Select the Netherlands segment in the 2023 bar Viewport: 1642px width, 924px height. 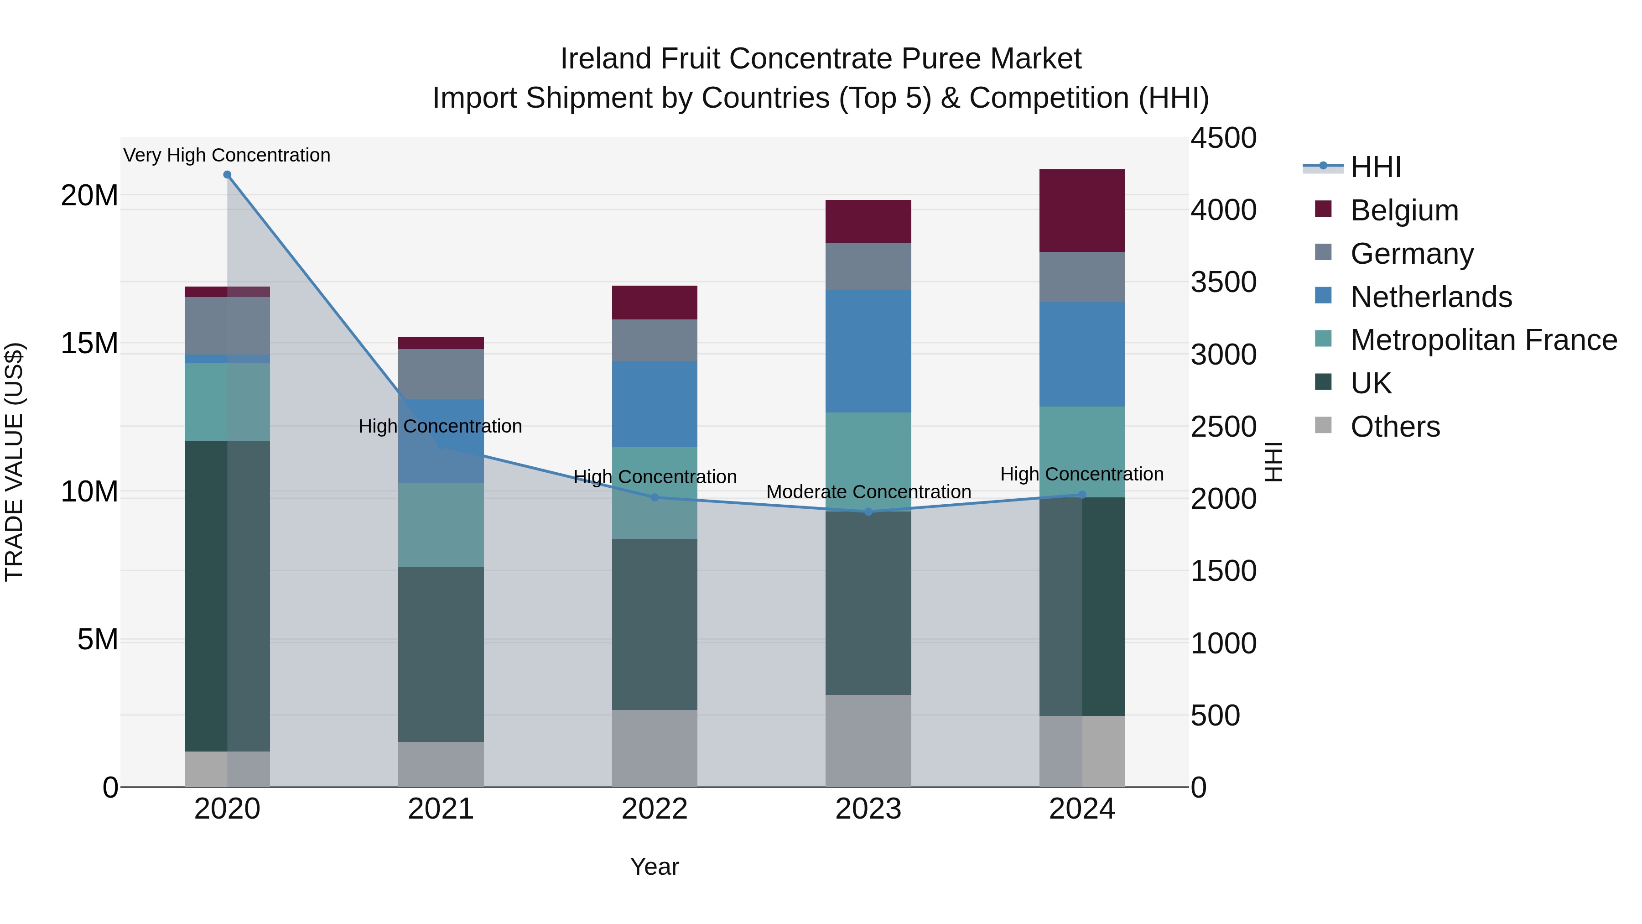point(868,351)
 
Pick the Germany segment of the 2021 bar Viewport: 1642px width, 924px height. point(441,374)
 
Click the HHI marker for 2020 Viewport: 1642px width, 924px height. point(228,175)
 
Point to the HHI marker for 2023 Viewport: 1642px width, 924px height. point(868,512)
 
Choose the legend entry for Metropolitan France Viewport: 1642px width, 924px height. point(1483,340)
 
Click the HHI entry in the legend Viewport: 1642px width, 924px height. point(1376,167)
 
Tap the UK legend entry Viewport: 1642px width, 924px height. point(1371,383)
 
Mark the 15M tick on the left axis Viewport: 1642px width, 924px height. point(89,343)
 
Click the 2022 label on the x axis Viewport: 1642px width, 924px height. point(655,809)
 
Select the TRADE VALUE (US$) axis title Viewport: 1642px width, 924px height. point(14,462)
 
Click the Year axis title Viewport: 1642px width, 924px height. point(655,867)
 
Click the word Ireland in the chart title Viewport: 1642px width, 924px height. point(606,59)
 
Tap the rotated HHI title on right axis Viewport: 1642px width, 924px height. point(1273,462)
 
